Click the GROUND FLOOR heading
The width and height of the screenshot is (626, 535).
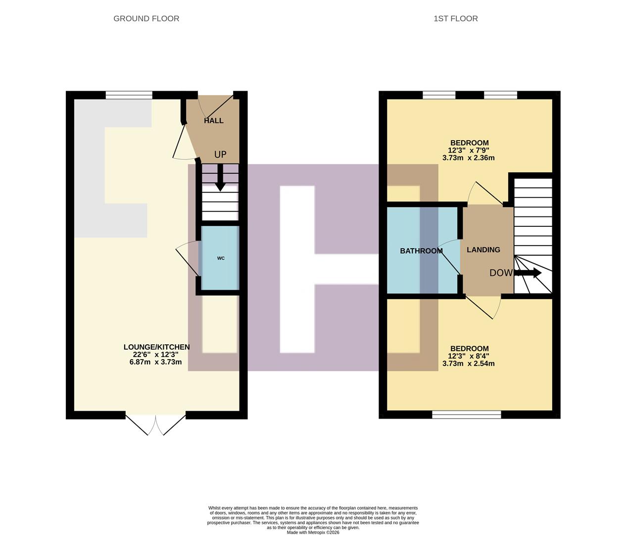pos(146,19)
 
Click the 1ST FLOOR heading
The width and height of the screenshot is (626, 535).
pos(455,19)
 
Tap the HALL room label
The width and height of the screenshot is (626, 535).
pos(214,121)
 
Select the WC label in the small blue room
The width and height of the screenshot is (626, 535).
pos(221,258)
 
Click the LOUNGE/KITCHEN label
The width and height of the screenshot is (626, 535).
pos(156,347)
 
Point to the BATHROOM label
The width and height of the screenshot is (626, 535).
pos(421,251)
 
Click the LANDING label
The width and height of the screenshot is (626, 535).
pos(483,250)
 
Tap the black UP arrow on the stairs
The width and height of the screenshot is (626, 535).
pos(220,177)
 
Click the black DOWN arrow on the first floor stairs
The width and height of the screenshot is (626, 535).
pos(530,273)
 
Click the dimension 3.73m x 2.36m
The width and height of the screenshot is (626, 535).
pos(468,158)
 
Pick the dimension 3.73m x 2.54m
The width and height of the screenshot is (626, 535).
pos(468,364)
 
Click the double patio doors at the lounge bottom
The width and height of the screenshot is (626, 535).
pos(155,424)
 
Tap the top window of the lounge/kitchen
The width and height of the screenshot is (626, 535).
pos(129,95)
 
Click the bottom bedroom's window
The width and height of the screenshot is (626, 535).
pos(466,415)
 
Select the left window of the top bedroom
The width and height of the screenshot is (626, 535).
pos(438,95)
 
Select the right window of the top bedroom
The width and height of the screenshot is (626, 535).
pos(500,95)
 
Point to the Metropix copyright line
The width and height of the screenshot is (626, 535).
pos(313,533)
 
